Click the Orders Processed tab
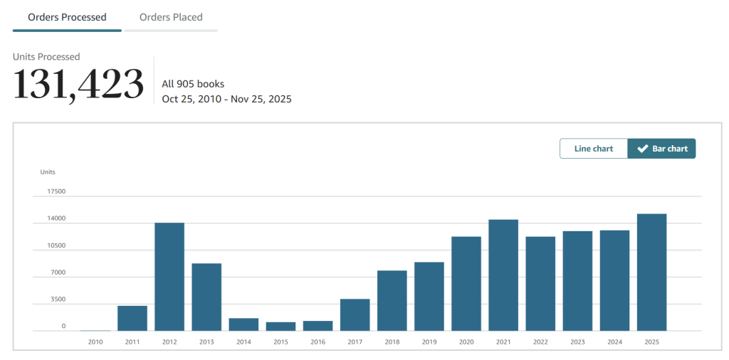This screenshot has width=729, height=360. (x=67, y=17)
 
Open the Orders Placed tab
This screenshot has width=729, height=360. (x=171, y=17)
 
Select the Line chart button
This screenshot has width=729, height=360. (x=594, y=149)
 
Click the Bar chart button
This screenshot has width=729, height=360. (x=661, y=149)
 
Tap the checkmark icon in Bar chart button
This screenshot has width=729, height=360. (x=642, y=149)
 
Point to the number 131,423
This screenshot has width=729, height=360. (x=78, y=85)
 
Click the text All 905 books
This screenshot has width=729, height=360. (x=193, y=84)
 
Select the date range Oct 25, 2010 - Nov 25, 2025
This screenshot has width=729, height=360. (x=226, y=99)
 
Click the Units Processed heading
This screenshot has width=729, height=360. (x=46, y=57)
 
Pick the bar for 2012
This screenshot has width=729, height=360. (x=169, y=277)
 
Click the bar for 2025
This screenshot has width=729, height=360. (x=651, y=272)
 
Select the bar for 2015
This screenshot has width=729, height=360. (x=280, y=327)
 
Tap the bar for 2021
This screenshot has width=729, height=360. (x=503, y=275)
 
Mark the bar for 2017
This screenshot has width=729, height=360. (x=355, y=315)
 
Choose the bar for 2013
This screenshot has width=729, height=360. (x=206, y=297)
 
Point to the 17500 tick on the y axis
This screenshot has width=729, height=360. (x=56, y=191)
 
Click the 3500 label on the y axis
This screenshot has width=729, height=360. (x=58, y=300)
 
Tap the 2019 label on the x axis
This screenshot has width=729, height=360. (x=429, y=342)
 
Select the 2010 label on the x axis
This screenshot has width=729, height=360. (x=95, y=342)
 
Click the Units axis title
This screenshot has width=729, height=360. (x=48, y=172)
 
